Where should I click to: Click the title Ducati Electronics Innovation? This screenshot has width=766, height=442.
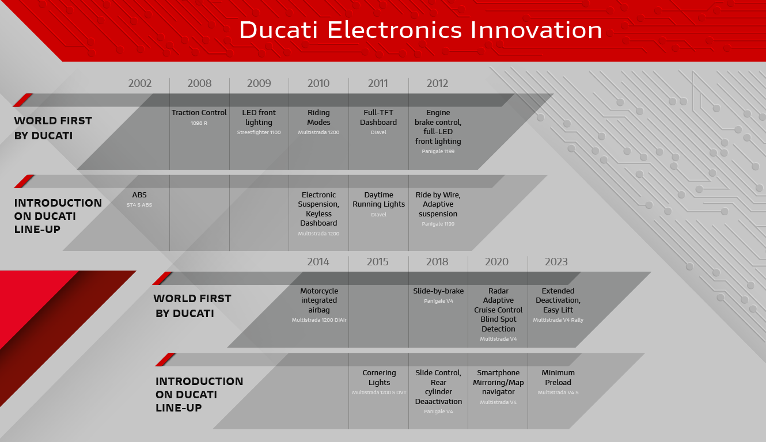coord(420,30)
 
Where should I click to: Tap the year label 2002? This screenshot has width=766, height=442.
coord(139,83)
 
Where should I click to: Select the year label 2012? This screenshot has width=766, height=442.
coord(437,83)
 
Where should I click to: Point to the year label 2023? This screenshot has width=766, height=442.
coord(556,262)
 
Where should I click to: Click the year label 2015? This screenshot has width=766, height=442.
coord(378,262)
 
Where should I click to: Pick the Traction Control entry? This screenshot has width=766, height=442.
coord(199,112)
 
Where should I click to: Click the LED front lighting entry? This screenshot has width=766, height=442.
coord(259,117)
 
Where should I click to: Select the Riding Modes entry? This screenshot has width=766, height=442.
coord(318,117)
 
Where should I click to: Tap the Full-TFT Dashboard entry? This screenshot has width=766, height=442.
coord(378,117)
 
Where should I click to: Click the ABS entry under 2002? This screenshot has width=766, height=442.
coord(139,195)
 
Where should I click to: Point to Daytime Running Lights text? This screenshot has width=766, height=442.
coord(378,199)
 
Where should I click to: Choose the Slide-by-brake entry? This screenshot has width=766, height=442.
coord(438,291)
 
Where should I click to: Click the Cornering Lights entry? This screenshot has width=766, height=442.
coord(379,378)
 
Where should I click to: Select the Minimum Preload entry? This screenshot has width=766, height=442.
coord(558,378)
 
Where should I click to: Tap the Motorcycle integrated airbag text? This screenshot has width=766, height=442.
coord(319,300)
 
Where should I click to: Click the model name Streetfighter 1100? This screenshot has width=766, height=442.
coord(259,132)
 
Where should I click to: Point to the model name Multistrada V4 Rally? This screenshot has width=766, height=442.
coord(558,320)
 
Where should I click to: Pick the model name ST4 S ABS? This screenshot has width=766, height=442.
coord(139,205)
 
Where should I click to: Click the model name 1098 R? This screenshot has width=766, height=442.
coord(199,123)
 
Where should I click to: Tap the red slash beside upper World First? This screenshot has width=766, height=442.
coord(23,100)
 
